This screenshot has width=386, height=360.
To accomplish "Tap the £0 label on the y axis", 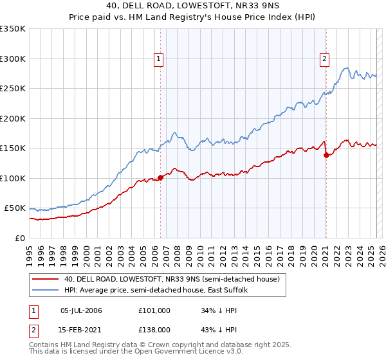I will (21, 238).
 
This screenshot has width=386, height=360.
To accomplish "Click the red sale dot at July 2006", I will (160, 178).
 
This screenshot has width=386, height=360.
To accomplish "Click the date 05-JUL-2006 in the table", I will (82, 310).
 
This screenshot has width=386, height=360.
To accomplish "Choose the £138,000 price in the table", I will (155, 328).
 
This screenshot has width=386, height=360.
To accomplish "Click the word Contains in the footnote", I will (45, 346).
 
